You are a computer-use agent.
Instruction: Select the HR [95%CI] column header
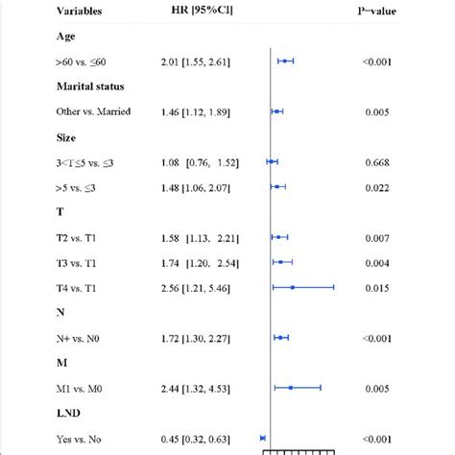tap(198, 12)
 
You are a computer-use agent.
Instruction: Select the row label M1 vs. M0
tap(84, 387)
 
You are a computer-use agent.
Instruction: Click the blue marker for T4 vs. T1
tap(293, 286)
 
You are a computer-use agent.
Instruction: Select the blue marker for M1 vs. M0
tap(291, 387)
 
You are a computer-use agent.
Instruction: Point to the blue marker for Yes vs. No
tap(263, 438)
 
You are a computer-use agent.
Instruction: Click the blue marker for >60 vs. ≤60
tap(285, 60)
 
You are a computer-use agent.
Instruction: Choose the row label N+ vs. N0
tap(81, 337)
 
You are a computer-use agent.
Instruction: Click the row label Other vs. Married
tap(94, 111)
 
